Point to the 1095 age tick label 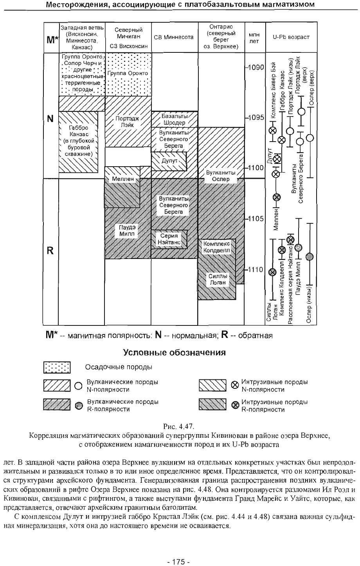pos(256,118)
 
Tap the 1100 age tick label pos(256,168)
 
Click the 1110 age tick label pos(256,270)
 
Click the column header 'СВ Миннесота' pos(174,38)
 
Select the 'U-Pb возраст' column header pos(291,38)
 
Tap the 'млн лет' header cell pos(254,38)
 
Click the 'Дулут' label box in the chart pos(169,160)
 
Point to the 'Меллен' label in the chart pos(123,179)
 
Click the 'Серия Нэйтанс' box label pos(169,239)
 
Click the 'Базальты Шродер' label pos(175,119)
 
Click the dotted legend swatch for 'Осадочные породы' pos(57,367)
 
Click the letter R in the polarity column pos(50,251)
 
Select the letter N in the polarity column pos(50,119)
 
